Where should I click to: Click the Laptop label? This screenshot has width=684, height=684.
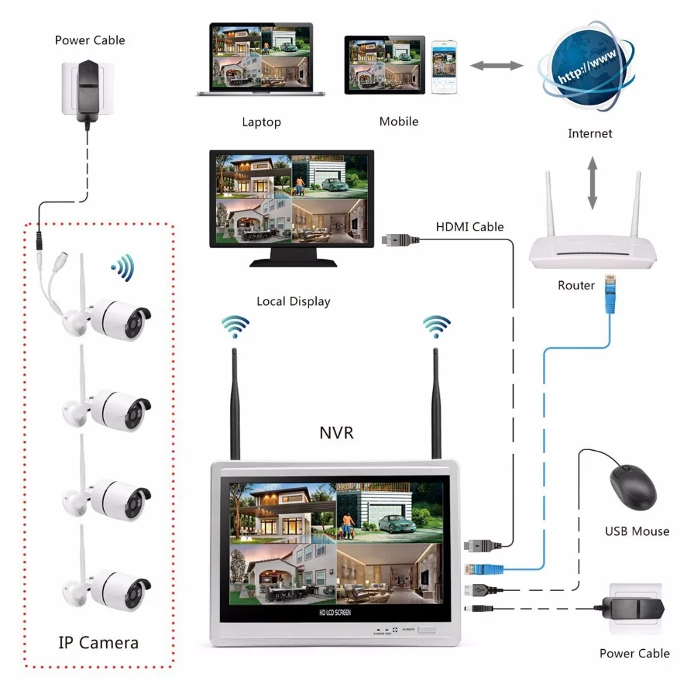(261, 122)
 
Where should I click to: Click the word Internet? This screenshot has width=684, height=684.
(590, 133)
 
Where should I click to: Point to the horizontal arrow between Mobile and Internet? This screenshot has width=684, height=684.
(496, 66)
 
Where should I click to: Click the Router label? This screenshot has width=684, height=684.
(576, 285)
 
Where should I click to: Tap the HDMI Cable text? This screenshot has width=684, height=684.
(470, 226)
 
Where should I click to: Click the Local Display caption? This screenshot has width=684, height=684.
(293, 301)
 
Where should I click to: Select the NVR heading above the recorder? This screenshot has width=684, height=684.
(336, 432)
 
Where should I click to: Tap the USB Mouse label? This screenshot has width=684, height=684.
(637, 531)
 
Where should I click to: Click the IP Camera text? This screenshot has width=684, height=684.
(98, 642)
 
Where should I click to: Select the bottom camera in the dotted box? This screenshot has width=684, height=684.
(109, 587)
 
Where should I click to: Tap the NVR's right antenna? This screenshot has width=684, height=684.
(435, 404)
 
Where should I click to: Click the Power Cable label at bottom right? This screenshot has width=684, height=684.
(634, 653)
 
